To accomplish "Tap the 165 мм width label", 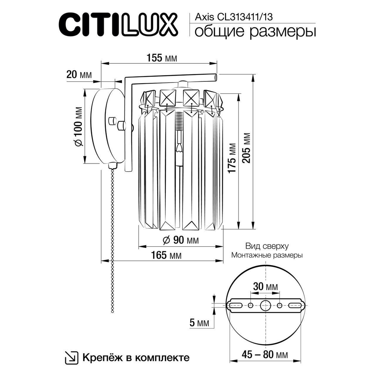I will [x=166, y=256].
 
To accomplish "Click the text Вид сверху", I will [x=267, y=246].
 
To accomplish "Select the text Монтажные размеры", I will [x=267, y=255].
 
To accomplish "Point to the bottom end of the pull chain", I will [x=111, y=310].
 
